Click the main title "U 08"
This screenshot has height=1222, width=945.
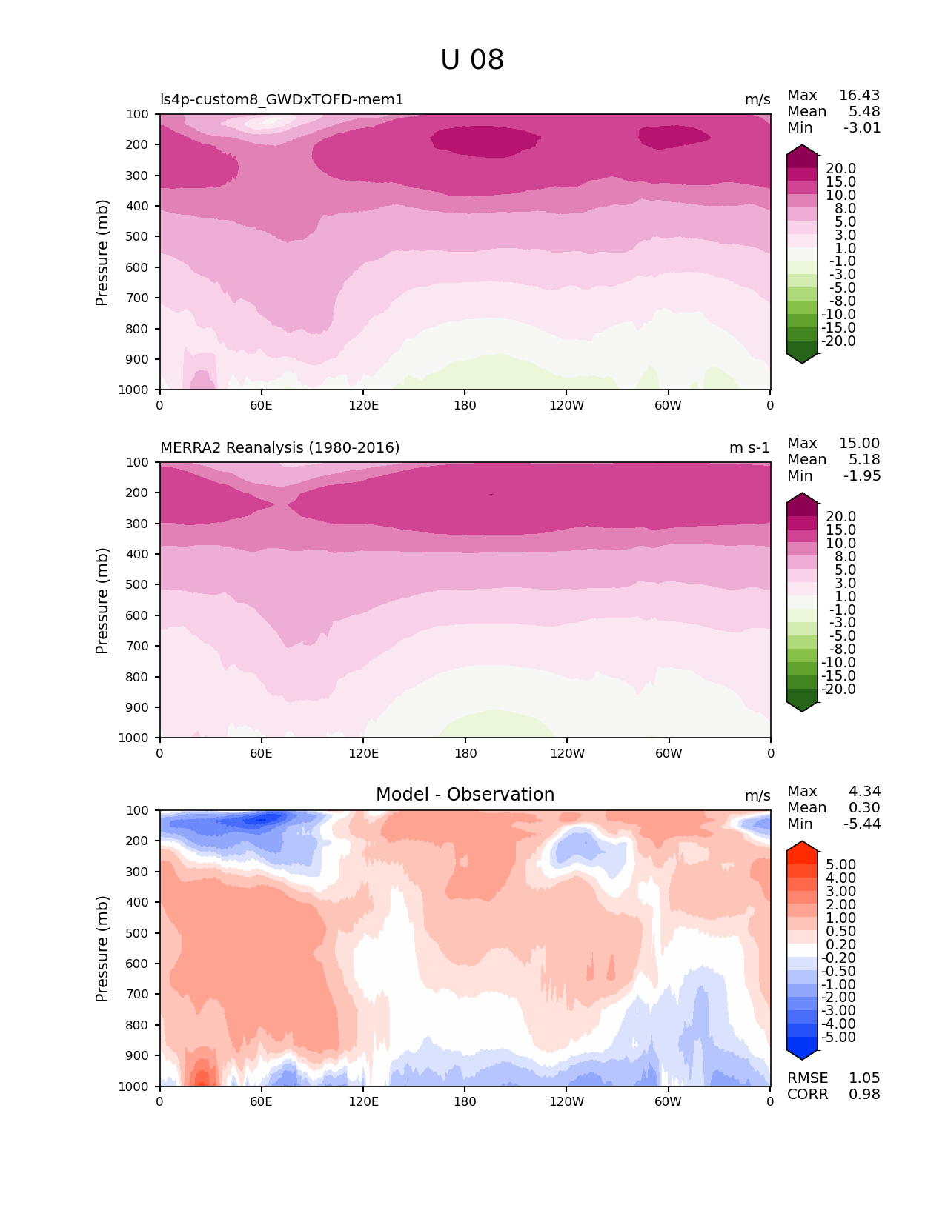point(472,60)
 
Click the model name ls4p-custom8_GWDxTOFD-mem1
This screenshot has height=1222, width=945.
point(282,100)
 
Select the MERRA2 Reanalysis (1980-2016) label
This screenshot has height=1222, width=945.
point(279,448)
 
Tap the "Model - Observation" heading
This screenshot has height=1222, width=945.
point(465,795)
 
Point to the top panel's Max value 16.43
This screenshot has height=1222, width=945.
point(859,96)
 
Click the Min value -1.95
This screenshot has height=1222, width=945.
point(862,476)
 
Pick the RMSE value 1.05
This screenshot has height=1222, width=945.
point(864,1078)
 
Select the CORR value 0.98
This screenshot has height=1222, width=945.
point(864,1095)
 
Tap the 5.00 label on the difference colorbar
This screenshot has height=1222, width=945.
point(841,865)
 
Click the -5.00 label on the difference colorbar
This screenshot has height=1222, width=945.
point(839,1038)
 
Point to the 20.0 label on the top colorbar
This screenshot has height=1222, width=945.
point(841,169)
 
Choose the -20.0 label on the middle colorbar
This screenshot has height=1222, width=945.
point(839,690)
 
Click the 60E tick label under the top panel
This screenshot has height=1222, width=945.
point(261,405)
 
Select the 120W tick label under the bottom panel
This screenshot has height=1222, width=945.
point(567,1102)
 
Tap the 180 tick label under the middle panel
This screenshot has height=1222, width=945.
point(465,754)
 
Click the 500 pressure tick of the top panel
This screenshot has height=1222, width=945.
point(137,237)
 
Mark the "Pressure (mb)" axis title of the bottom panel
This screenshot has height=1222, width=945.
point(102,949)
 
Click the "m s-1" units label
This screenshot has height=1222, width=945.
point(749,448)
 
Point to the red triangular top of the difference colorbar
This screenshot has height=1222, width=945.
point(802,848)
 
